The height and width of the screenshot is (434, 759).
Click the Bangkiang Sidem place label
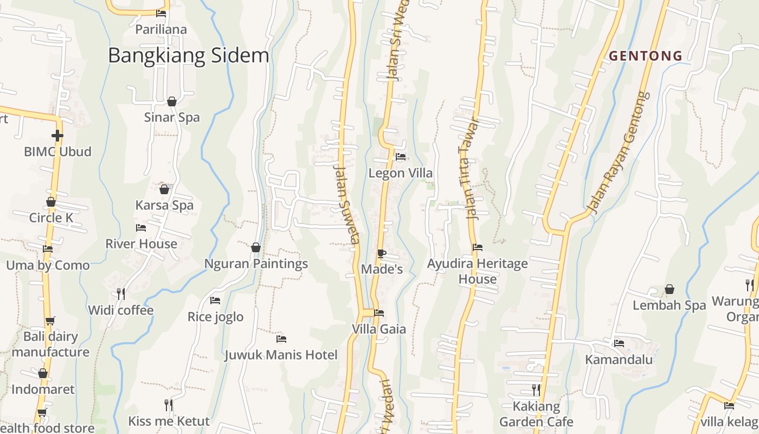click(x=188, y=55)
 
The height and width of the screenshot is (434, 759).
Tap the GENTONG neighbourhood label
click(x=645, y=55)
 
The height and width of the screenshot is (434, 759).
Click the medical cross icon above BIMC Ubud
click(x=57, y=135)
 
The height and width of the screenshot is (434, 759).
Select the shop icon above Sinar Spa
click(x=172, y=101)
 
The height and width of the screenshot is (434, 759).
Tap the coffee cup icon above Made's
click(x=382, y=253)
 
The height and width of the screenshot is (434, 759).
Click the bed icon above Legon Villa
click(x=401, y=157)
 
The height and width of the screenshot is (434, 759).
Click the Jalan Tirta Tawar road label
click(x=469, y=168)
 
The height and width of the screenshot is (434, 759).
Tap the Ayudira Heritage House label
click(x=477, y=271)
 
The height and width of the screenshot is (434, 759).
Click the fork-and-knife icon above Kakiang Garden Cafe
click(x=536, y=390)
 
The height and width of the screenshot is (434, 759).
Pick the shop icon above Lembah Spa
click(x=670, y=289)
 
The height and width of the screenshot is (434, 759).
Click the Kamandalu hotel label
click(x=619, y=360)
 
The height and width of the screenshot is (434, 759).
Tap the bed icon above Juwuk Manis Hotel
click(x=281, y=339)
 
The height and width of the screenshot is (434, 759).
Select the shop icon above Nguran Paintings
click(x=256, y=248)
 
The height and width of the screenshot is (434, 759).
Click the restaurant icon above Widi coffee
click(x=121, y=294)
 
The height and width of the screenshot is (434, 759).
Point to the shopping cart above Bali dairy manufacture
click(x=50, y=321)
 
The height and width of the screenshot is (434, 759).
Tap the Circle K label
click(x=51, y=218)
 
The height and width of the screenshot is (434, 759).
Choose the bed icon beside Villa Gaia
click(x=379, y=313)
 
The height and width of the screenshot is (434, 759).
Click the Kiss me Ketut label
click(x=169, y=421)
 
